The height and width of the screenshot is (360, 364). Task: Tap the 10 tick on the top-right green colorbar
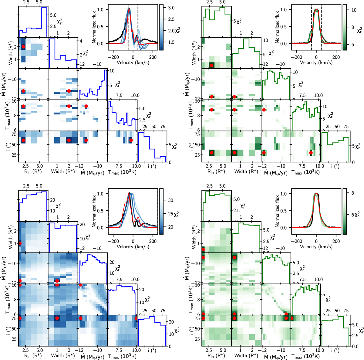[354, 10]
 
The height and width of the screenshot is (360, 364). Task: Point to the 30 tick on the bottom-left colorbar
[171, 200]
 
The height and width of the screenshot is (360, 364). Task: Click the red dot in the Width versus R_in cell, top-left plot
[23, 47]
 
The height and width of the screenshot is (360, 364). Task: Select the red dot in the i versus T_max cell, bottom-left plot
[136, 318]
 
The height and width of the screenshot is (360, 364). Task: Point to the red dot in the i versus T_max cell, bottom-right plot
[292, 318]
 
